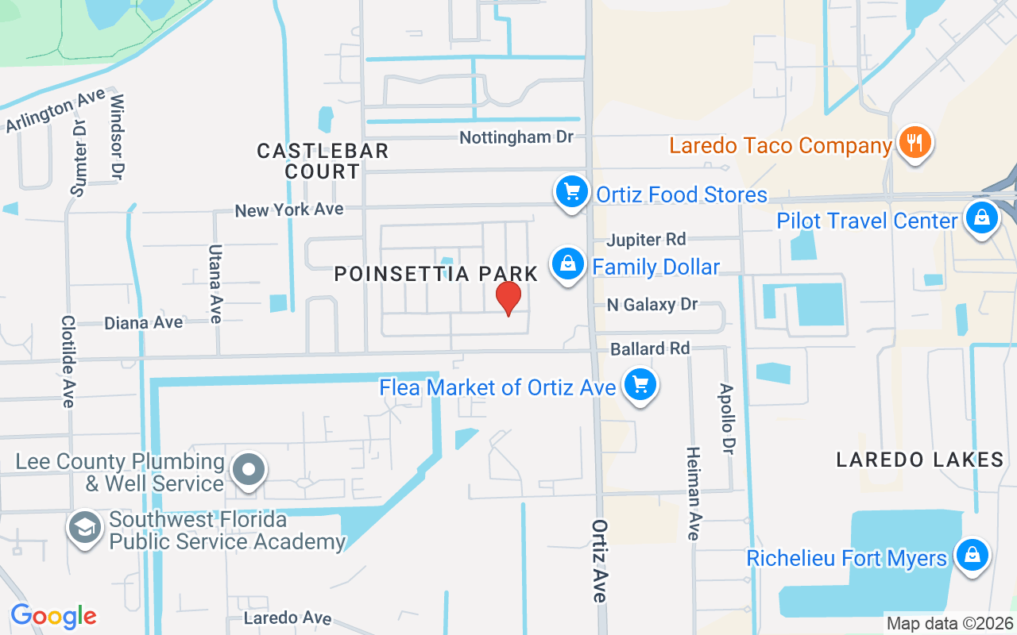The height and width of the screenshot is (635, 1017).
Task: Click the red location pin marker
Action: [x=508, y=298]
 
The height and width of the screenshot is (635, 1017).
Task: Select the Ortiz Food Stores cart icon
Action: [x=570, y=192]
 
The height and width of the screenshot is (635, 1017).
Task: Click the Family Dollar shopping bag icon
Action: [x=567, y=264]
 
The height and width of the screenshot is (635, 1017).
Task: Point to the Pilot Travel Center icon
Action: [x=982, y=217]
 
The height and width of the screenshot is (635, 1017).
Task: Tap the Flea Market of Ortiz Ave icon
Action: [x=640, y=385]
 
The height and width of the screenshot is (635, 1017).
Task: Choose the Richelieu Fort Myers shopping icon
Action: [x=972, y=555]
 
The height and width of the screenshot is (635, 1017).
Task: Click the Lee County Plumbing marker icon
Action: [x=249, y=470]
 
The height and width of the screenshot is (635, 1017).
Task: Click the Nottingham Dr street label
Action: [x=516, y=137]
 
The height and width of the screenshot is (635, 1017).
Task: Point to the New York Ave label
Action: [x=289, y=210]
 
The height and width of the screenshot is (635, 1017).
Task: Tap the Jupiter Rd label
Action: [x=647, y=240]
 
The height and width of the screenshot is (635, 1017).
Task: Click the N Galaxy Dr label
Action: [x=652, y=305]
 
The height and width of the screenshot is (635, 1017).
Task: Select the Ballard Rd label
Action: [x=650, y=348]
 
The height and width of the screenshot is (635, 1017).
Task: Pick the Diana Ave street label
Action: [x=144, y=323]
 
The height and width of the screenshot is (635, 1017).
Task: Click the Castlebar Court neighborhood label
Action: [x=323, y=160]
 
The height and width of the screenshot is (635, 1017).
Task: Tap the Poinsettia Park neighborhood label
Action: [x=436, y=275]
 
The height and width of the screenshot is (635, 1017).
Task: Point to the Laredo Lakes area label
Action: [x=920, y=460]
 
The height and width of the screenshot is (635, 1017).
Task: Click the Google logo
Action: [x=53, y=616]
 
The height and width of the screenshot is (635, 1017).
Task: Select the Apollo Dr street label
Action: [x=725, y=419]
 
